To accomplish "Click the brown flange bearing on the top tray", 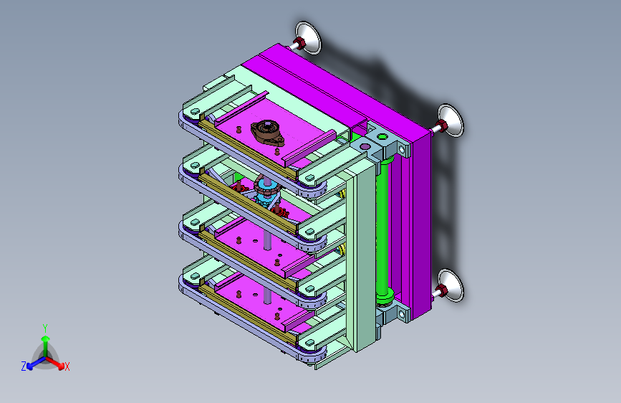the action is point(267,133).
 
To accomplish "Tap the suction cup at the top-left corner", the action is point(308,38).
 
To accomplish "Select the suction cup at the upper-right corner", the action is point(451,120).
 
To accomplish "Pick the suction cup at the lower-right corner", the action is point(451,285).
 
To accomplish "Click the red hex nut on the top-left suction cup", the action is point(300,44).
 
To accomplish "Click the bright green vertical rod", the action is point(382,230).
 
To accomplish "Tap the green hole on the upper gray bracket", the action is point(382,137).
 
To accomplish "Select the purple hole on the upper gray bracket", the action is point(365,147).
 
